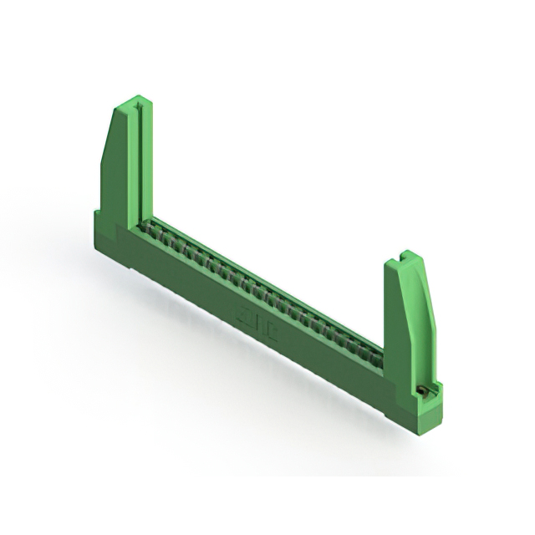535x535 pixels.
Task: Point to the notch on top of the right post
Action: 405,254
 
